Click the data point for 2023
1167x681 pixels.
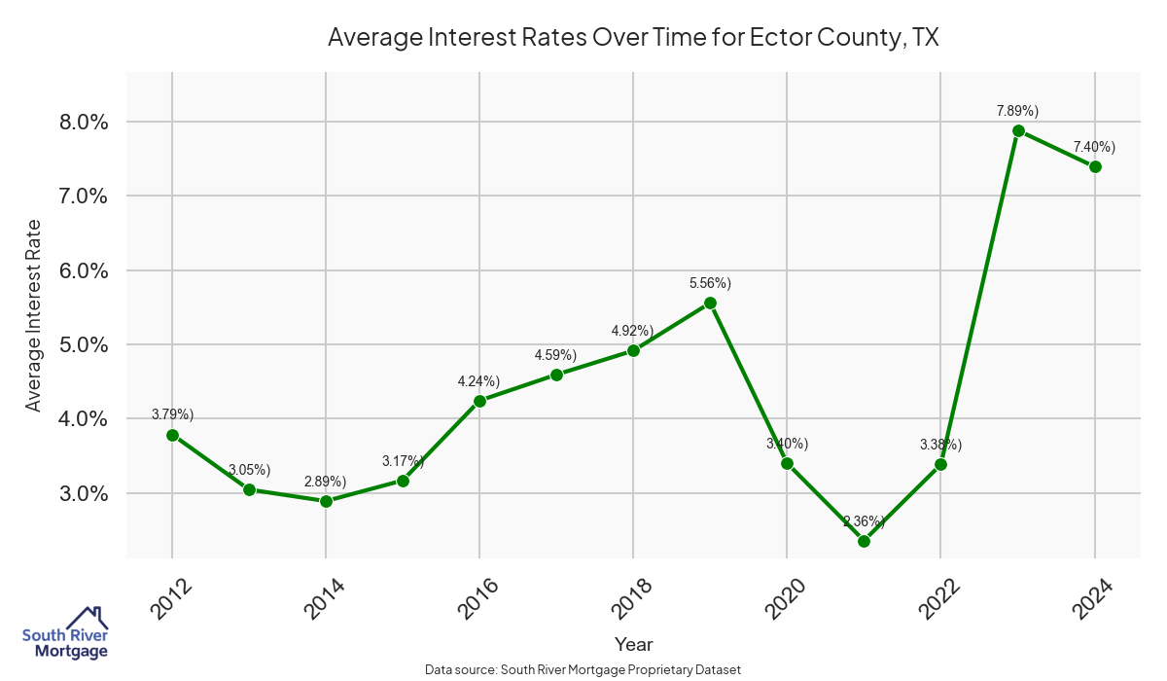coord(1018,130)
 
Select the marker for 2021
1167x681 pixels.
coord(864,541)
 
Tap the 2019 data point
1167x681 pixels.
coord(710,303)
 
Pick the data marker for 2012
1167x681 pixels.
coord(172,435)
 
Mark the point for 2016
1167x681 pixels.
coord(479,401)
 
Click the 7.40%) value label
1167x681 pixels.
coord(1094,147)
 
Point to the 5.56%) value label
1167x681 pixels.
coord(710,283)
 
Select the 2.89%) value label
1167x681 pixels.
coord(326,482)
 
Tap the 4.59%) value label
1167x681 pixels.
coord(555,355)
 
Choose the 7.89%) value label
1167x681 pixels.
coord(1017,111)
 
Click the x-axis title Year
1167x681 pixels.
coord(633,644)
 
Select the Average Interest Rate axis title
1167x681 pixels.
coord(34,314)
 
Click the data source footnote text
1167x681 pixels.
coord(583,669)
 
